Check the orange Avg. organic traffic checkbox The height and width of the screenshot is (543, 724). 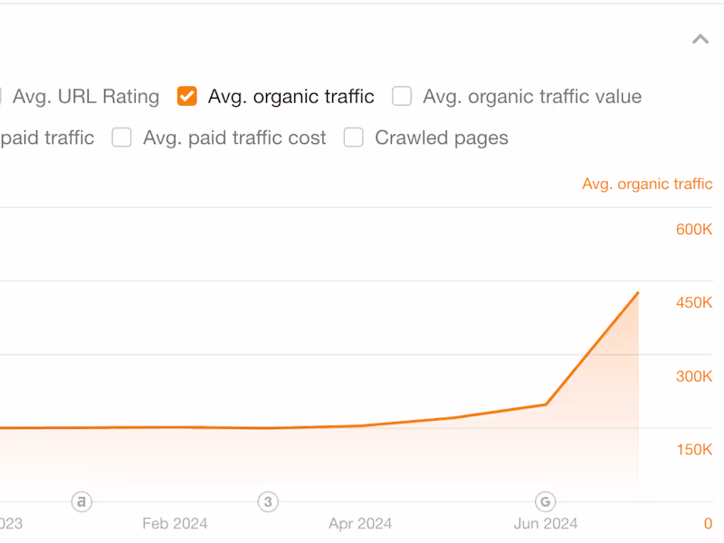pos(187,96)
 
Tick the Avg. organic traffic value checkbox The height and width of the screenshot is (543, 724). pos(402,96)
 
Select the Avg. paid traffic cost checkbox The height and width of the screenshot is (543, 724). pos(122,138)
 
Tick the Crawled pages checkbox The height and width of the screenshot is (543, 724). pos(354,138)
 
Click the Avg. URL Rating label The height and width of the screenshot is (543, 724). pos(85,97)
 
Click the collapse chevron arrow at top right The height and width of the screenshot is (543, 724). pos(700,39)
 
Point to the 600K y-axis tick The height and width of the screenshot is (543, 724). pos(694,230)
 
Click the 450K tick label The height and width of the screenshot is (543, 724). pos(694,302)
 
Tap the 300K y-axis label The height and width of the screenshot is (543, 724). pos(694,376)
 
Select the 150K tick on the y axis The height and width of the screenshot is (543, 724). pos(694,450)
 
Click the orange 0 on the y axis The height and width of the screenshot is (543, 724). pos(709,523)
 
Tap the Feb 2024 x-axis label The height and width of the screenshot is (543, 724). pos(175,523)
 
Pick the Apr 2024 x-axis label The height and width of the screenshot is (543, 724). pos(360,523)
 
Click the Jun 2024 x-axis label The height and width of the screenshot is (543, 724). pos(546,523)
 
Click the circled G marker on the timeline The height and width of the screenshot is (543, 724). pos(545,501)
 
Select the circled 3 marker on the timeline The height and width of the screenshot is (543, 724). pos(267,501)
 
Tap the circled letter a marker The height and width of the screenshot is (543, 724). pos(82,501)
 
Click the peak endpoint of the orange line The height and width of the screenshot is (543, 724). pos(638,292)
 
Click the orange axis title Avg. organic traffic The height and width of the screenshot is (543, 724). pos(647,184)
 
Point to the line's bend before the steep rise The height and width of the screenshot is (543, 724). pos(546,405)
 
